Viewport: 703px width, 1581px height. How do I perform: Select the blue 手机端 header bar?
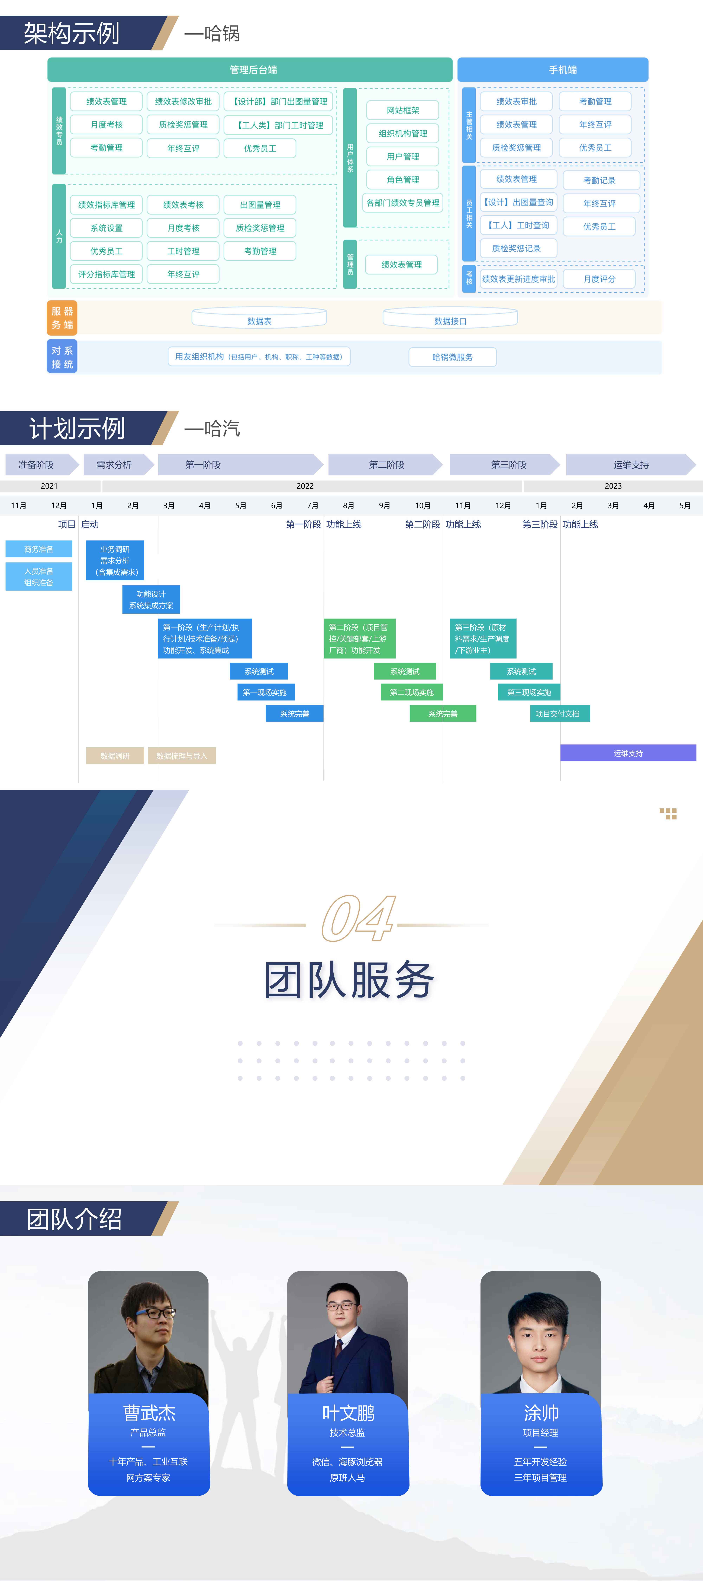click(553, 69)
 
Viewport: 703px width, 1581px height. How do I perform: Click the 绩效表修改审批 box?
click(183, 101)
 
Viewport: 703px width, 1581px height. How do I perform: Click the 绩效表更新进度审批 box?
click(518, 279)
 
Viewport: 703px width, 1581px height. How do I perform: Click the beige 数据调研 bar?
click(115, 756)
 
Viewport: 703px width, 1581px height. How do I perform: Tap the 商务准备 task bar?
click(39, 549)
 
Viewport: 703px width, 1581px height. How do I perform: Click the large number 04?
click(358, 918)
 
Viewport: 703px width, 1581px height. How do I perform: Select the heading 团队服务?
click(350, 980)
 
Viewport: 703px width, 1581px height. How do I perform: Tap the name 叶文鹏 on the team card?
click(348, 1413)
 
